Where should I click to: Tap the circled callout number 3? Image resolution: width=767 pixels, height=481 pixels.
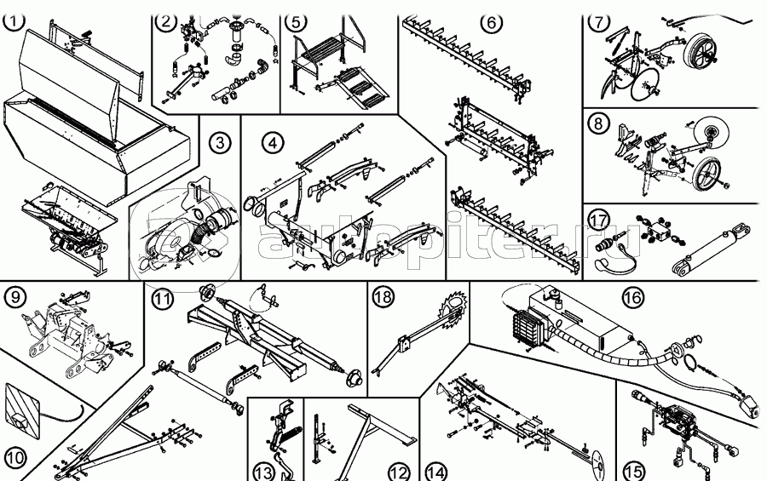point(220,143)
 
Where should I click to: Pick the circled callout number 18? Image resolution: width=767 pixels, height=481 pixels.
point(383,296)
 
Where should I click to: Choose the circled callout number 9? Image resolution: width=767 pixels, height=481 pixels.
point(14,297)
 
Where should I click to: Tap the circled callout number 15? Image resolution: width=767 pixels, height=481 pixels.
point(631,470)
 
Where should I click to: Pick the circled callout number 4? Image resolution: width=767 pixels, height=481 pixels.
point(271,143)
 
